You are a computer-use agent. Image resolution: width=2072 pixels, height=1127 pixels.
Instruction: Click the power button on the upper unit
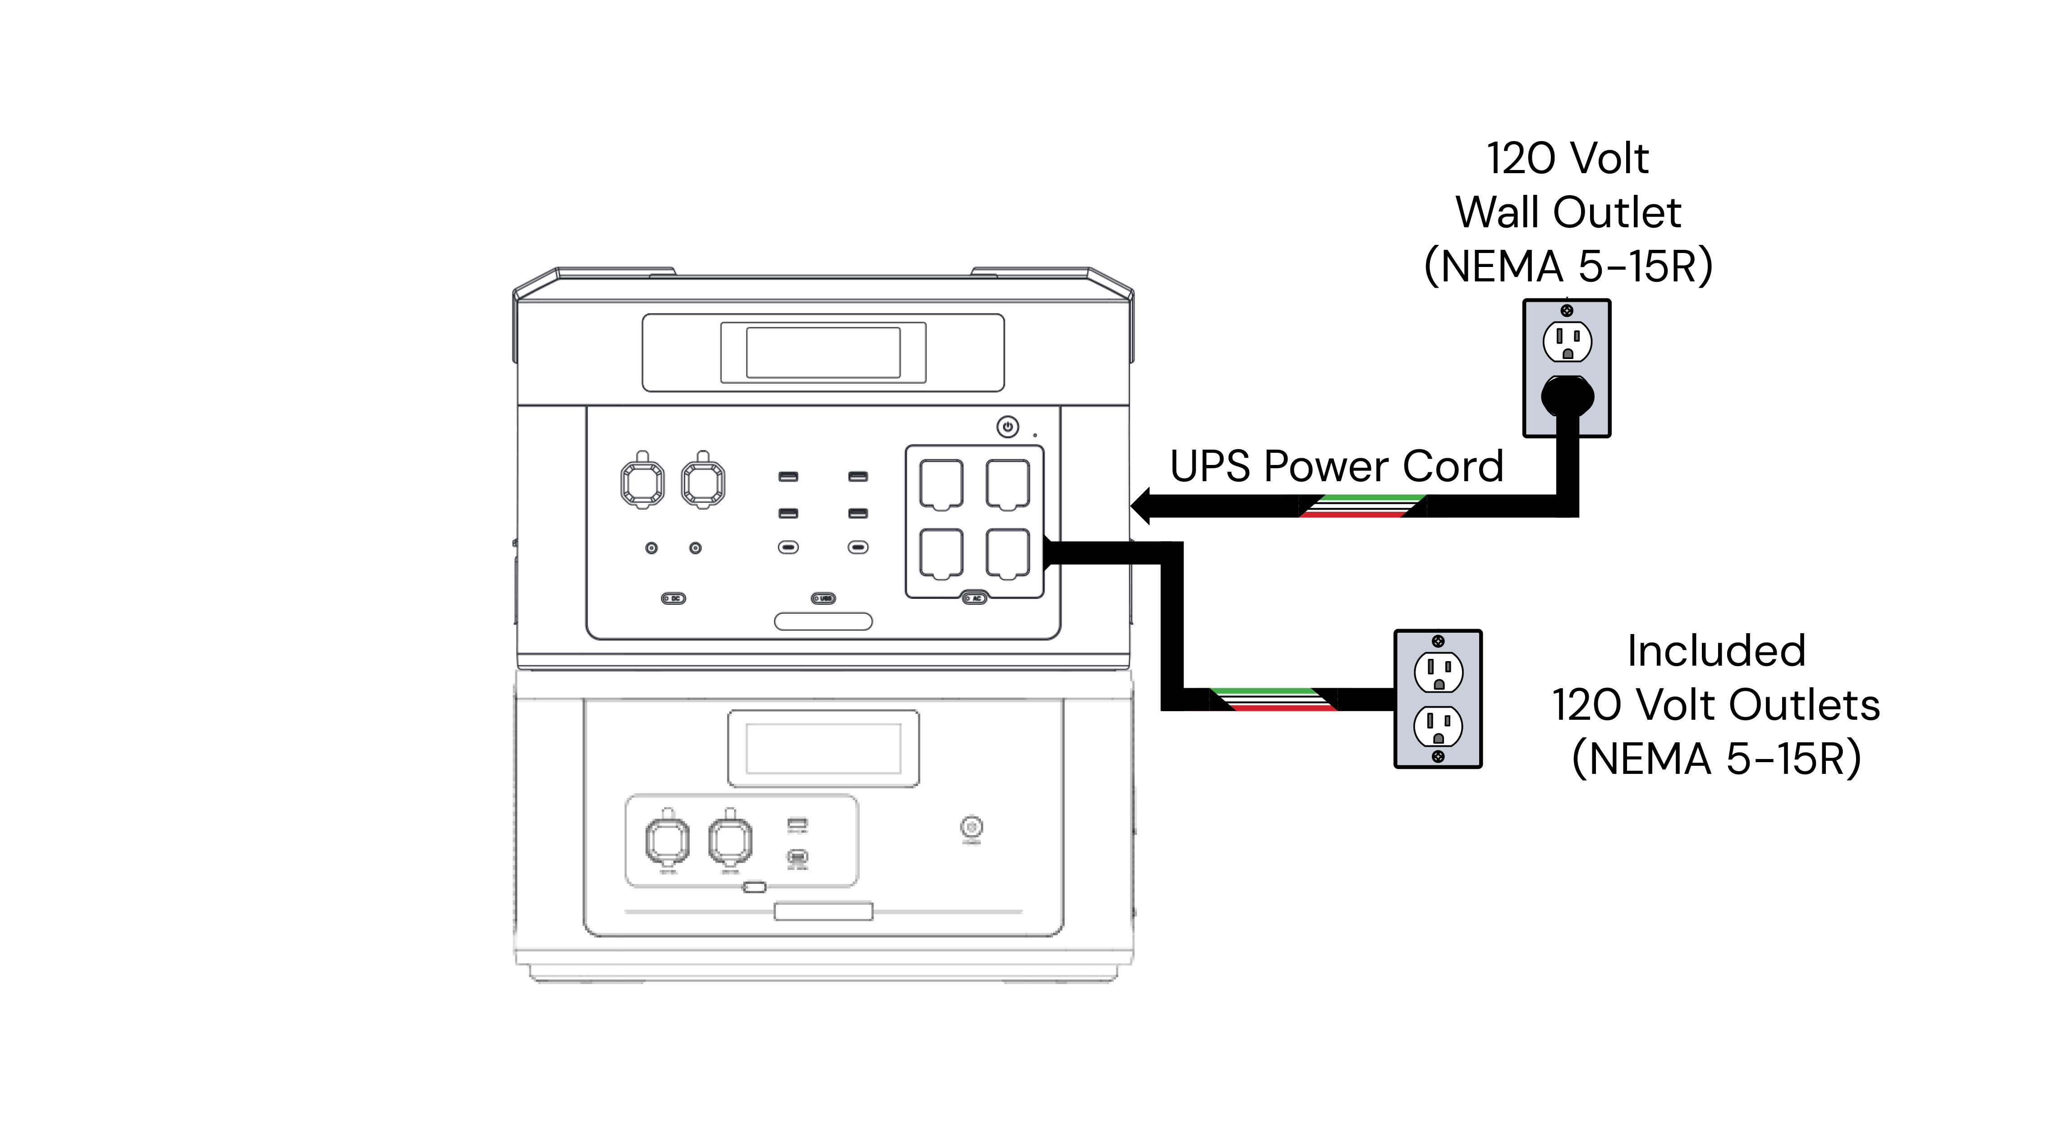click(x=1008, y=426)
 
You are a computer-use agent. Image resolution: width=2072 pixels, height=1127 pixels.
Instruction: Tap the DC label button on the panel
click(x=673, y=598)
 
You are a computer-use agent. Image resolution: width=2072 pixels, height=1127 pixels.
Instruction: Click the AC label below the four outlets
click(x=975, y=598)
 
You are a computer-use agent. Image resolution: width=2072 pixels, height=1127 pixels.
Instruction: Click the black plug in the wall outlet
click(x=1567, y=396)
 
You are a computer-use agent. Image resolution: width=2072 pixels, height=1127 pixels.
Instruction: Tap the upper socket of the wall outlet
click(x=1567, y=341)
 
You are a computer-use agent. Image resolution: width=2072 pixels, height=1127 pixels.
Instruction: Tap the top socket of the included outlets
click(x=1438, y=672)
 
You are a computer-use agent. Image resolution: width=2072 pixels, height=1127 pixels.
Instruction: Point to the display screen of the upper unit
click(x=823, y=352)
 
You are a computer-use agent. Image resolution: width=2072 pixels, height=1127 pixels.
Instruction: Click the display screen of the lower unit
click(x=823, y=748)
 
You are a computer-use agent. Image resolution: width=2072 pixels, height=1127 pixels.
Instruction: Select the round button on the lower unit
click(x=972, y=827)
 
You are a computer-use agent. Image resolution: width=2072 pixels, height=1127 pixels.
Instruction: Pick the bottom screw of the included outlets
click(x=1438, y=756)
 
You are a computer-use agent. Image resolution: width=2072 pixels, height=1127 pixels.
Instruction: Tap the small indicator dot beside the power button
click(x=1035, y=435)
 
